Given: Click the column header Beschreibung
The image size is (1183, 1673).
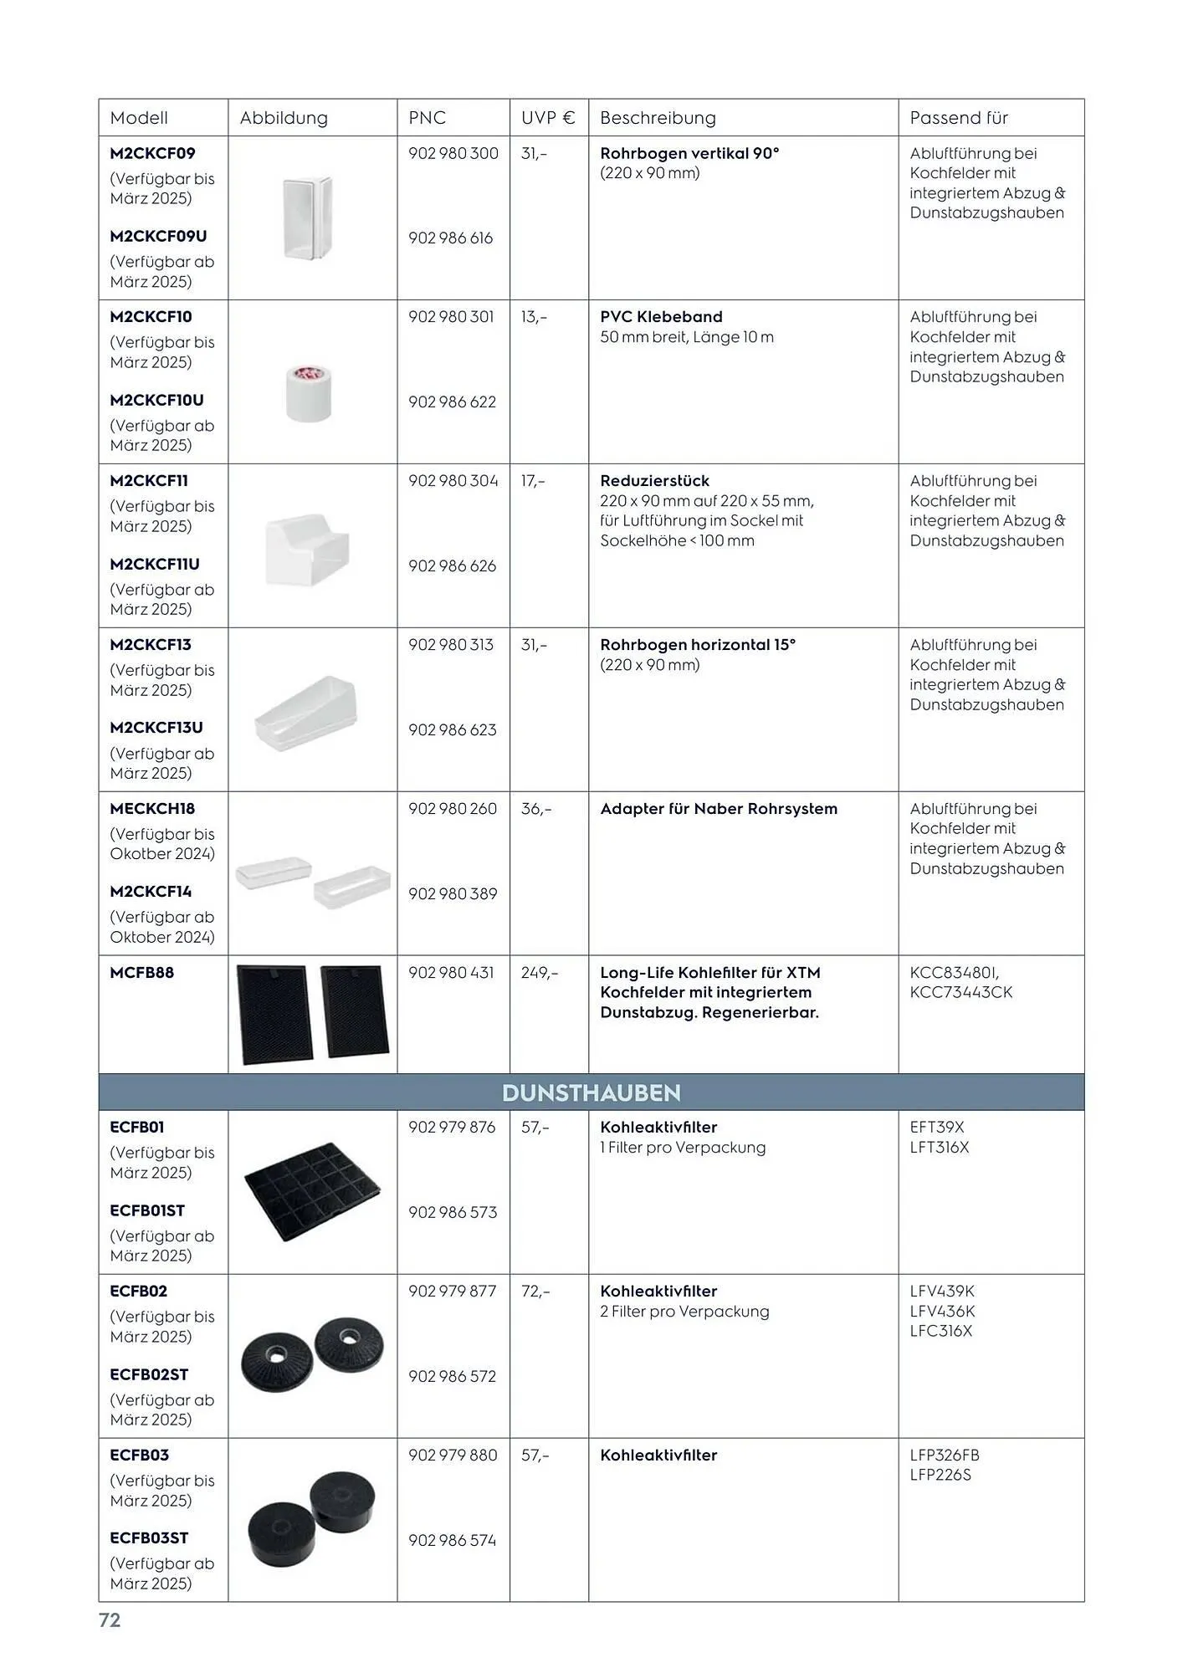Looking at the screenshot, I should (x=658, y=118).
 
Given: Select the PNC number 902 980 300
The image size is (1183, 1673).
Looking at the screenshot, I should (x=453, y=154).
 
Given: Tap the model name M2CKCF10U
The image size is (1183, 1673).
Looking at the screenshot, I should (x=156, y=401).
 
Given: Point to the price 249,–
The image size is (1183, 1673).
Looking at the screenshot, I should (x=539, y=973).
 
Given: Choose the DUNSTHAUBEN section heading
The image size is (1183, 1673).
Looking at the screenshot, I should (x=591, y=1092).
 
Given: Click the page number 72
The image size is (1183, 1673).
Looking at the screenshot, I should (x=110, y=1620).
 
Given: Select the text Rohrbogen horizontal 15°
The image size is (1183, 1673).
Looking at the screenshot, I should (x=698, y=645).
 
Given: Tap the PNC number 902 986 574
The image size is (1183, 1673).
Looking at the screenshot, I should (x=452, y=1540).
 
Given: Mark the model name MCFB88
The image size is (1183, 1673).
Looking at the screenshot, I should (x=141, y=973).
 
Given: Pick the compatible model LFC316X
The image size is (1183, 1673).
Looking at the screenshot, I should (x=940, y=1331).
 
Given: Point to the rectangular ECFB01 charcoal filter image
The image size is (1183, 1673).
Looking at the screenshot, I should (x=311, y=1190).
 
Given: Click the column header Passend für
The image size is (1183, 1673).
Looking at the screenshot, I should (x=958, y=118).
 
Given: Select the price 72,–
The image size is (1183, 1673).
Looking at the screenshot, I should (x=535, y=1292).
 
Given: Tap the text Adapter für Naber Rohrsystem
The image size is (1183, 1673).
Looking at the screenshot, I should (x=718, y=809).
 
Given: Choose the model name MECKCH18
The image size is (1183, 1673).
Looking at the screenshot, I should (x=152, y=809).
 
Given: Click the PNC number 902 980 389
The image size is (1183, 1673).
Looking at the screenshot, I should (x=452, y=894).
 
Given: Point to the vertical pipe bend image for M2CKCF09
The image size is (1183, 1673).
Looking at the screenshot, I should (x=307, y=217).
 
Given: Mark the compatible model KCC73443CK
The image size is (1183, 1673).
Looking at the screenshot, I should (x=960, y=992).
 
